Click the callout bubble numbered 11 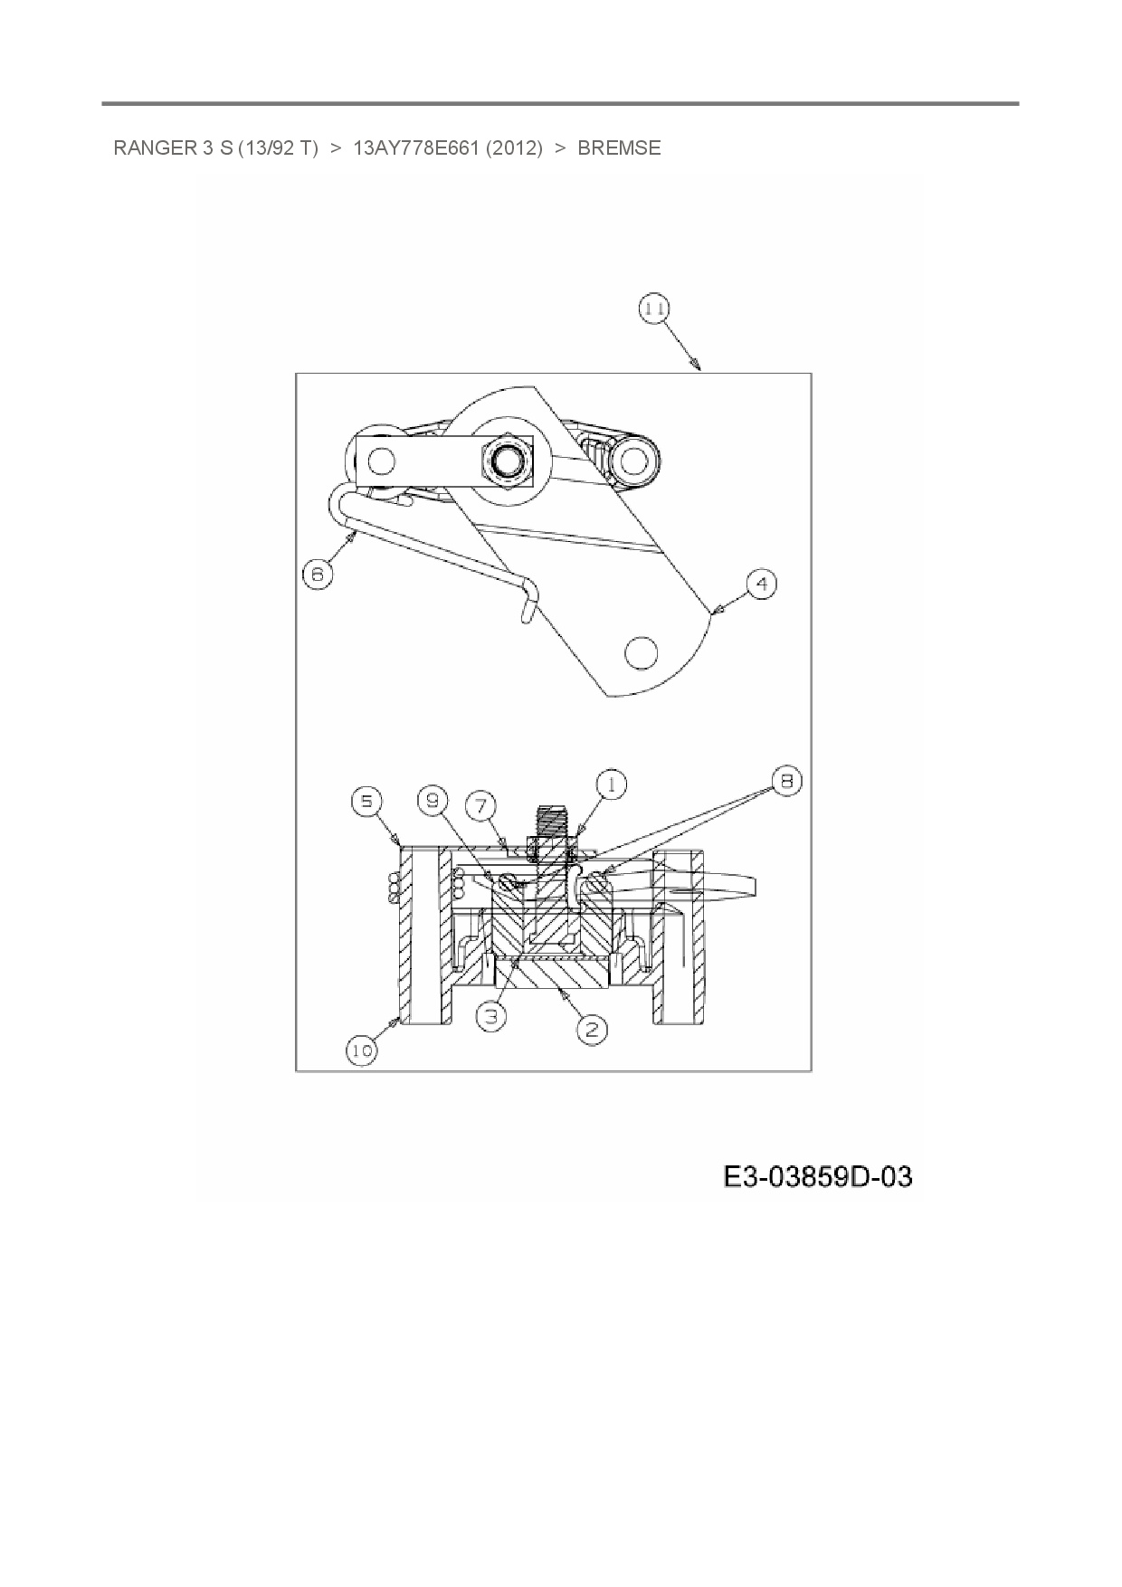pyautogui.click(x=653, y=310)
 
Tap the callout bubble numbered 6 pyautogui.click(x=318, y=574)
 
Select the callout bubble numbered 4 pyautogui.click(x=762, y=584)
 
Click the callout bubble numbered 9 pyautogui.click(x=433, y=801)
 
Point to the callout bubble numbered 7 pyautogui.click(x=481, y=803)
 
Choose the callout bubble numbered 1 pyautogui.click(x=612, y=784)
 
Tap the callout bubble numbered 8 pyautogui.click(x=786, y=781)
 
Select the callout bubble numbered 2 pyautogui.click(x=592, y=1029)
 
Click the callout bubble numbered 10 pyautogui.click(x=361, y=1050)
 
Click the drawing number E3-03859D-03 pyautogui.click(x=817, y=1177)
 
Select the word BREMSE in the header pyautogui.click(x=619, y=148)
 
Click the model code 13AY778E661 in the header pyautogui.click(x=415, y=148)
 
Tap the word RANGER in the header pyautogui.click(x=150, y=148)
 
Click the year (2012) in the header pyautogui.click(x=514, y=148)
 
